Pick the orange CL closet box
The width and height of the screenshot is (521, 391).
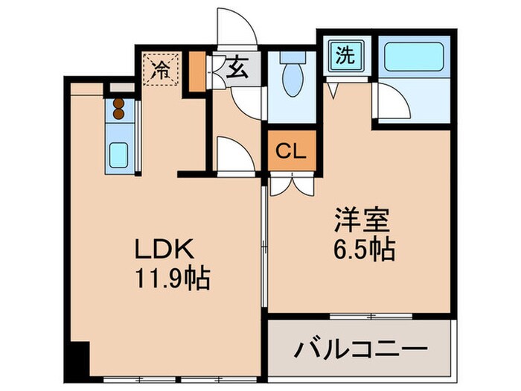click(291, 153)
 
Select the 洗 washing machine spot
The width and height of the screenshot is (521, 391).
click(343, 57)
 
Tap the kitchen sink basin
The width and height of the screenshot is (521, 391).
click(119, 154)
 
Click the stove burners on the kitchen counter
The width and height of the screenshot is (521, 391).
click(118, 109)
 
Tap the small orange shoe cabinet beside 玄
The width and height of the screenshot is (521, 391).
click(196, 72)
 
